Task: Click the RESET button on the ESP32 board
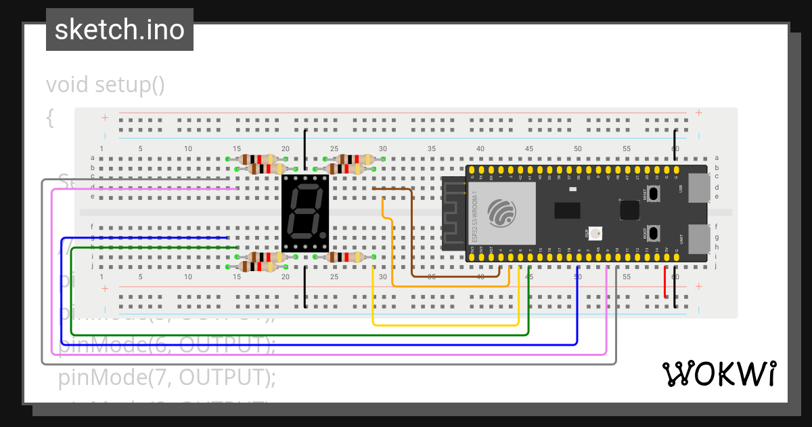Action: click(x=654, y=192)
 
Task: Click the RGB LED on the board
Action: click(x=595, y=234)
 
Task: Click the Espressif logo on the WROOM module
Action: click(x=501, y=211)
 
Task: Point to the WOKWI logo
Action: click(x=718, y=373)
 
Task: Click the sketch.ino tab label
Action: click(x=120, y=30)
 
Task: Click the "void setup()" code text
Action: click(x=106, y=85)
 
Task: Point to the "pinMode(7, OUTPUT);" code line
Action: click(x=168, y=377)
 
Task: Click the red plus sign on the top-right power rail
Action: click(x=698, y=113)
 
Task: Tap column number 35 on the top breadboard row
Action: click(x=432, y=149)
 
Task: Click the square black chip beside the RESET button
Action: click(x=629, y=210)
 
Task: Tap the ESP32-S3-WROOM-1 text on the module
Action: click(x=476, y=216)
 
